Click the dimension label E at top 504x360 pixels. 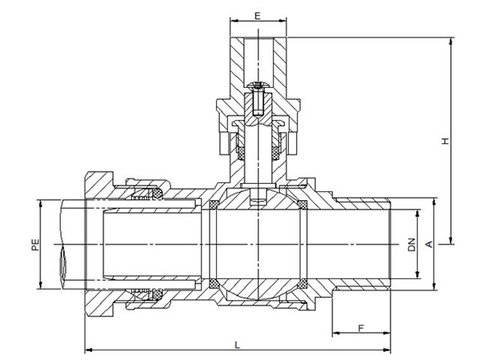(x=258, y=15)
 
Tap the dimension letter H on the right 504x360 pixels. (x=445, y=141)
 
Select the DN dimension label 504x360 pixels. (x=411, y=245)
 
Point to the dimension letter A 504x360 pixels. (x=429, y=244)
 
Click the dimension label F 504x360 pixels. (x=361, y=328)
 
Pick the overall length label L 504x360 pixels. (x=238, y=346)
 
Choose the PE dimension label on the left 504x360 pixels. (x=35, y=245)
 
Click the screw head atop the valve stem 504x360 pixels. (x=258, y=86)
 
